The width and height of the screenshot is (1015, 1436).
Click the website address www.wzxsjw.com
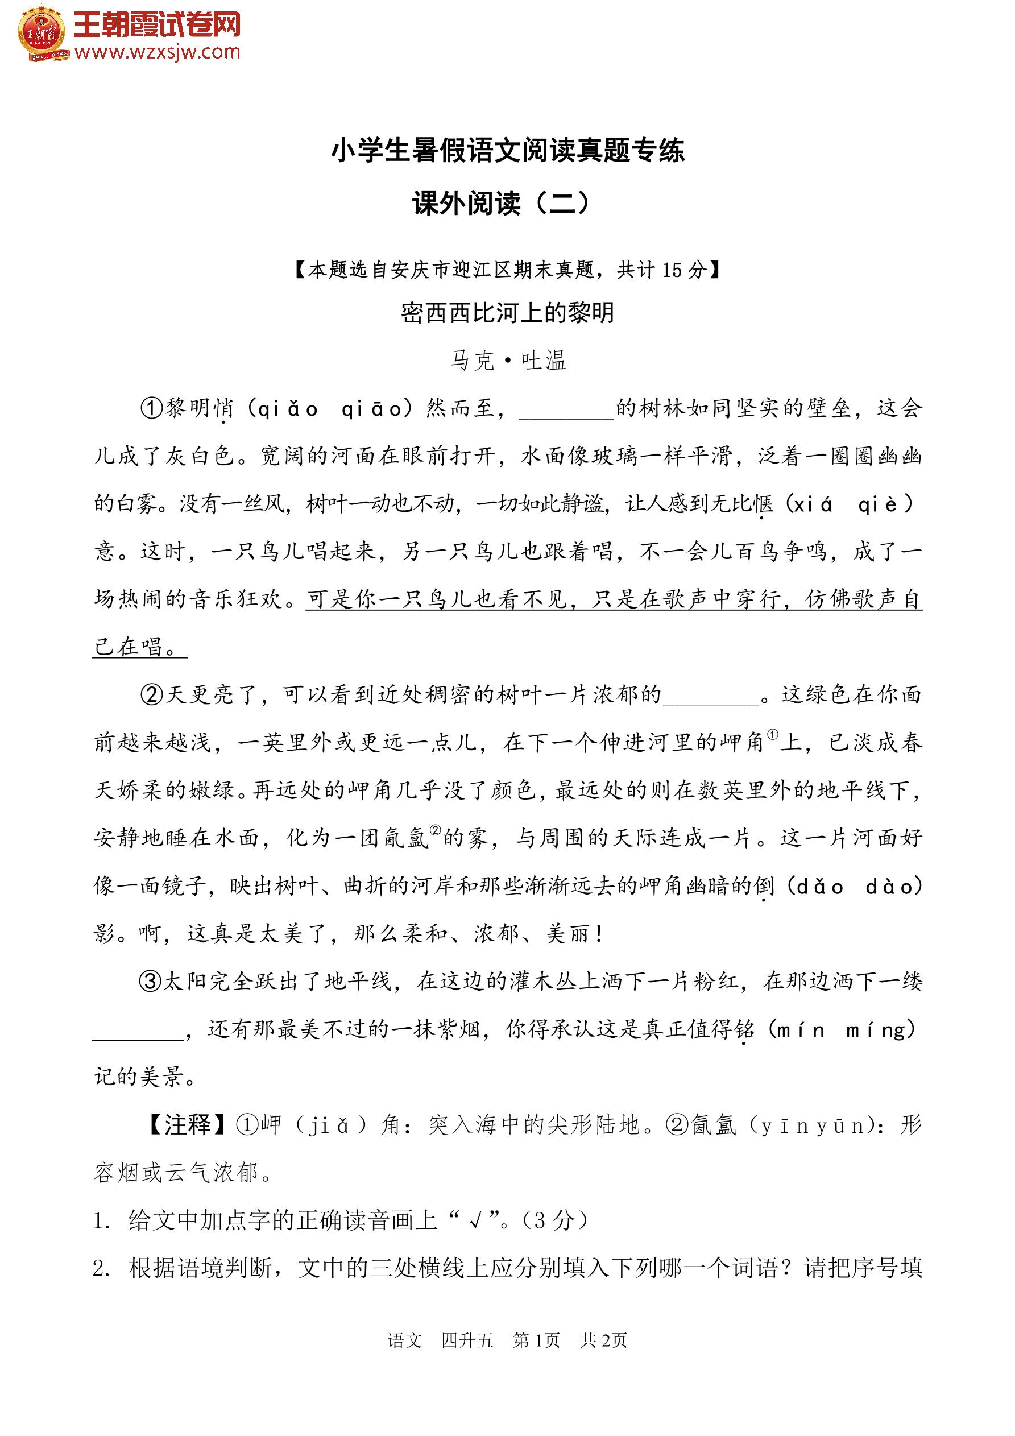(x=157, y=52)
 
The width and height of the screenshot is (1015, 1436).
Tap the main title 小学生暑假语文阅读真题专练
(x=507, y=151)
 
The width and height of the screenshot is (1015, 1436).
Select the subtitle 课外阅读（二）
(x=500, y=203)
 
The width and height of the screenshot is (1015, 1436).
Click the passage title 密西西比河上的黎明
(x=507, y=313)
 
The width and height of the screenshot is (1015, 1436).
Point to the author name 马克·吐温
(x=507, y=360)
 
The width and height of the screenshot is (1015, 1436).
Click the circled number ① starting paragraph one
(x=151, y=409)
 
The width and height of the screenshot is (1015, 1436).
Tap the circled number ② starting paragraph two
(x=151, y=695)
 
